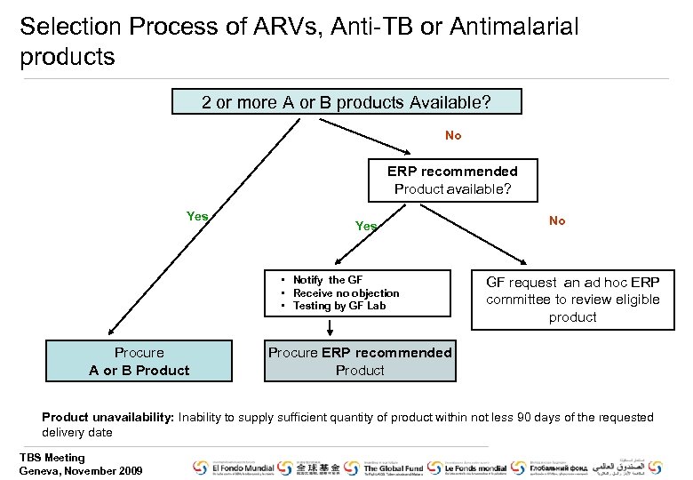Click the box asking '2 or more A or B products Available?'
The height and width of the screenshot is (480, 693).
tap(346, 102)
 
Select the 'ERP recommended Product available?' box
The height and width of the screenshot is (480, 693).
tap(452, 180)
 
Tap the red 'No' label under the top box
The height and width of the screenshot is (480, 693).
tap(453, 136)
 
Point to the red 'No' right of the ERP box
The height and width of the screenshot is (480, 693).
tap(557, 220)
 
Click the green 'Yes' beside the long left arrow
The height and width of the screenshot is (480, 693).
tap(197, 216)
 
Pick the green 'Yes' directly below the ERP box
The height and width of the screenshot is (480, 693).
tap(366, 227)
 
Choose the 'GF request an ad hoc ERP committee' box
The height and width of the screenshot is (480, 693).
tap(572, 300)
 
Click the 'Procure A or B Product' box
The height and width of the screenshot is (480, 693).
tap(139, 362)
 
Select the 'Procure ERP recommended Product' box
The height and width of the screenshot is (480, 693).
tap(360, 362)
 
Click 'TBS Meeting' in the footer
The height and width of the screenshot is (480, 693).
tap(52, 458)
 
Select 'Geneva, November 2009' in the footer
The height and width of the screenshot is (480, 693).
tap(80, 470)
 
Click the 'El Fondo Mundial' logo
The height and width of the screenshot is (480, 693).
tap(233, 468)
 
